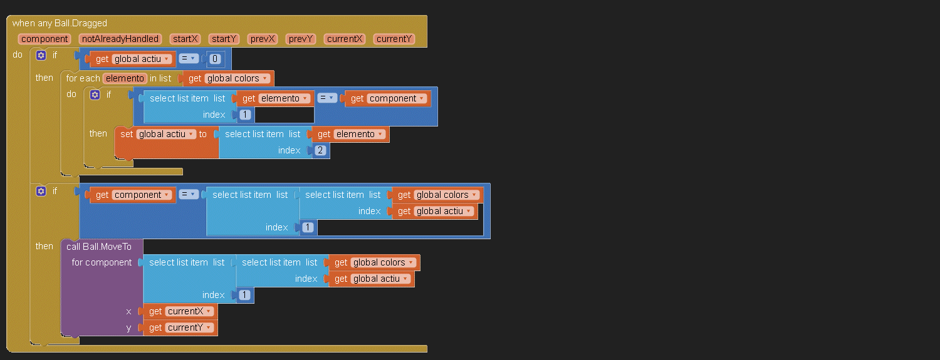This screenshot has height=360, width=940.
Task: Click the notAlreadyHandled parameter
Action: click(120, 39)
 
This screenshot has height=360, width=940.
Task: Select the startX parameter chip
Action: click(185, 39)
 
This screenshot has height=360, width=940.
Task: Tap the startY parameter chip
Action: click(224, 39)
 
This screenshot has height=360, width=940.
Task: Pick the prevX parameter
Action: click(263, 39)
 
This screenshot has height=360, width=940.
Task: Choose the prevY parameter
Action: click(301, 39)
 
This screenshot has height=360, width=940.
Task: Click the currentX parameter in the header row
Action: click(345, 39)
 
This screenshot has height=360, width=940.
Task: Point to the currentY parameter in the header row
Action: click(394, 39)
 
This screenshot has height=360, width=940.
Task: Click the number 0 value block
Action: click(215, 59)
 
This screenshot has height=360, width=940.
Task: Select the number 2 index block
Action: click(320, 150)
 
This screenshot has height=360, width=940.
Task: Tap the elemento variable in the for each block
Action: click(125, 78)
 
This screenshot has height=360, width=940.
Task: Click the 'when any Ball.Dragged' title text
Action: click(60, 23)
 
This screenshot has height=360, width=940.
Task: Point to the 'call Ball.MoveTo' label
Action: click(99, 247)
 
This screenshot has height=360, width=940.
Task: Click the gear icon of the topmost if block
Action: click(41, 55)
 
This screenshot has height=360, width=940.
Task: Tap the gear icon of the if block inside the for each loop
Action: click(95, 95)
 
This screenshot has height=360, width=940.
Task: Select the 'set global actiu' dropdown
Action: click(166, 134)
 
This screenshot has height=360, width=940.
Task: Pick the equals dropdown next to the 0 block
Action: click(189, 58)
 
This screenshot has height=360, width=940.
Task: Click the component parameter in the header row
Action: click(44, 39)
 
